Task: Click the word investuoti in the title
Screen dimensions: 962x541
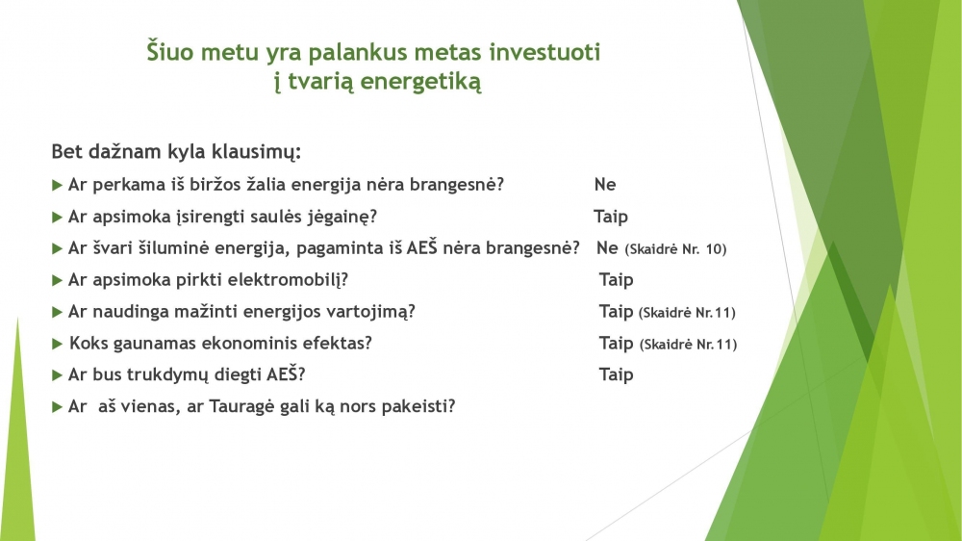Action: [544, 52]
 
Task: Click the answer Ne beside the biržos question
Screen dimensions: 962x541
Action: [605, 184]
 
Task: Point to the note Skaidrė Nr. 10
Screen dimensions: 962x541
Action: [675, 248]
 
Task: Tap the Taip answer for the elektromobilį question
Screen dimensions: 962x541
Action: [616, 280]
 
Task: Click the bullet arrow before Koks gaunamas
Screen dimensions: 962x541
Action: [58, 344]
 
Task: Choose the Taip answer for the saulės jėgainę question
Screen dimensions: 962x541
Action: [611, 217]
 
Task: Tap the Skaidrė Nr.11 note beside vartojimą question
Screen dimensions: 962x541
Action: [687, 313]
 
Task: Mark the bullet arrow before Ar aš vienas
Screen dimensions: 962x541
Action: [58, 406]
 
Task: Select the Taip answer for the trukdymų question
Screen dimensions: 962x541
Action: [616, 374]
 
